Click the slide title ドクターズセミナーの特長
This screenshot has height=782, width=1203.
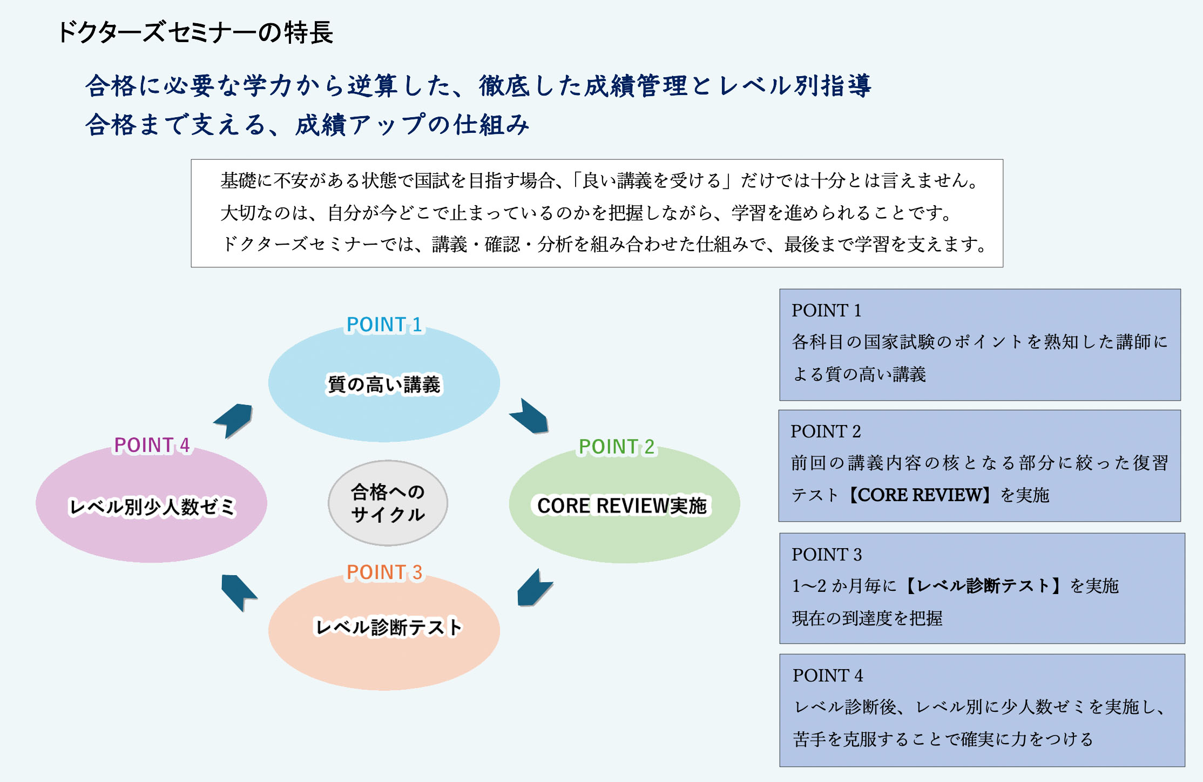pos(195,32)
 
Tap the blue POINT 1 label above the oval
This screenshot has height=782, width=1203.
pos(384,325)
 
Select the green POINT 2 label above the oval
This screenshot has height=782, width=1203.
pos(616,447)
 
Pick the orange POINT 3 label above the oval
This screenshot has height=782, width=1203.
pos(384,572)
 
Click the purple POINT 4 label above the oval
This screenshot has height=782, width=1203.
pos(152,445)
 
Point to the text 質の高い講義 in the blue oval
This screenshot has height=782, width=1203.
pos(384,385)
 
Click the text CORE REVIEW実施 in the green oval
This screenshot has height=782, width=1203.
pos(622,506)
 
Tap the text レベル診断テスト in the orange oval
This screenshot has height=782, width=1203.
pos(388,627)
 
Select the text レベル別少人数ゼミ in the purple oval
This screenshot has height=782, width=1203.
pos(152,507)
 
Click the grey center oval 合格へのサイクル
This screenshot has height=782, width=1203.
pos(388,503)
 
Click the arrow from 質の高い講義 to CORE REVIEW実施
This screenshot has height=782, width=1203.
pos(530,417)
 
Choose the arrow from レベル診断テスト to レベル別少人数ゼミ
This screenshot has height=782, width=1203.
pos(238,592)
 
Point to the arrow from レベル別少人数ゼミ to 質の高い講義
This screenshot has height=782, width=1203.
pos(234,420)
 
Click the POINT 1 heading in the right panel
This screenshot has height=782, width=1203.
pos(826,311)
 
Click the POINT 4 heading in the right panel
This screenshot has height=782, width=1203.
pos(828,675)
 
